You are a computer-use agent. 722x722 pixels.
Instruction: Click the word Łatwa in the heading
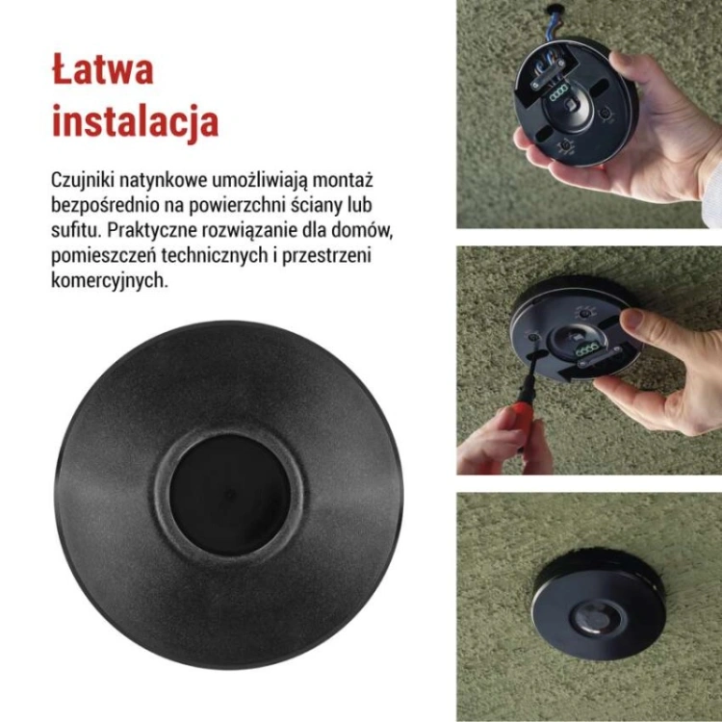pyautogui.click(x=102, y=69)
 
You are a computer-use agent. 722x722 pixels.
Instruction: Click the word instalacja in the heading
pyautogui.click(x=135, y=120)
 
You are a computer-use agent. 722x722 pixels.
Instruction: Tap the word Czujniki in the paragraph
pyautogui.click(x=83, y=181)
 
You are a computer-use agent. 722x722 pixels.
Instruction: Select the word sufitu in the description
pyautogui.click(x=75, y=230)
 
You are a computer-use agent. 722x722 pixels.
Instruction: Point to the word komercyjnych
pyautogui.click(x=110, y=280)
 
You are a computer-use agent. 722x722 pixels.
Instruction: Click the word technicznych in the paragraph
pyautogui.click(x=215, y=255)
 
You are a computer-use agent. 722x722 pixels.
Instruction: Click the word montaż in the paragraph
pyautogui.click(x=343, y=181)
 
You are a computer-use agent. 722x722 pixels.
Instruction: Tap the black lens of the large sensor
pyautogui.click(x=229, y=495)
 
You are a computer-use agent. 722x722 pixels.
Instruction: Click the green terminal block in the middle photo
pyautogui.click(x=586, y=349)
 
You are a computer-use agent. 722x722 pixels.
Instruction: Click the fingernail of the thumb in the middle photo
pyautogui.click(x=634, y=319)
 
